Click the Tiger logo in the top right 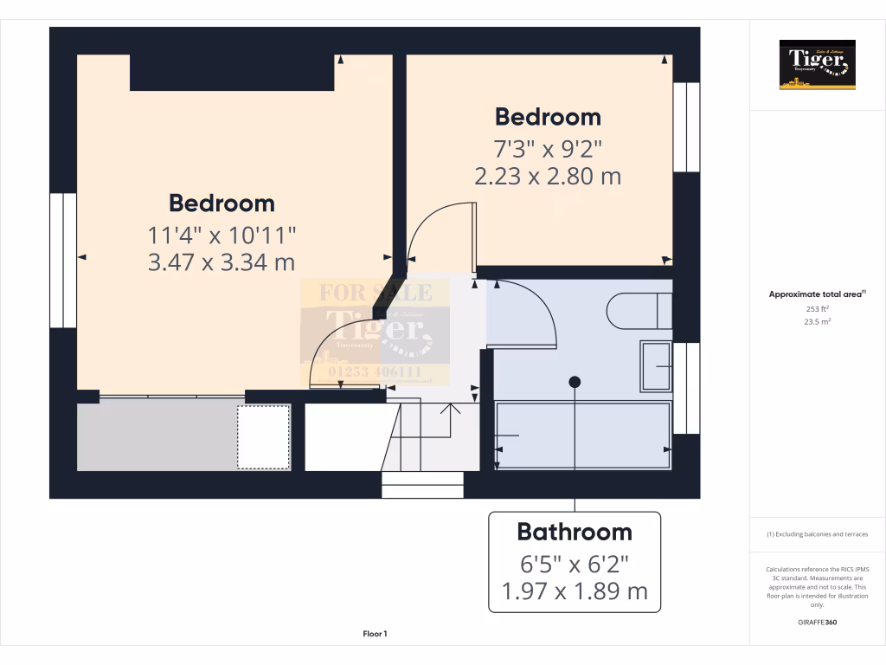click(817, 64)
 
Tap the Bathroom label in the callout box click(575, 532)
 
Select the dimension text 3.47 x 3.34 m click(221, 261)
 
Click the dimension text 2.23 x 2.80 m click(548, 176)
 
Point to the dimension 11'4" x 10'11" click(221, 234)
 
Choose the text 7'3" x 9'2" click(548, 147)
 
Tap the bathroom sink click(656, 366)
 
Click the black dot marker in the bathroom click(575, 382)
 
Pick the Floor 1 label click(375, 634)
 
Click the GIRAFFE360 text click(817, 623)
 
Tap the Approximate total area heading click(817, 294)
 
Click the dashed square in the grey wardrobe click(264, 437)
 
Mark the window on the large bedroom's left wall click(63, 260)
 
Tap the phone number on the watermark click(375, 371)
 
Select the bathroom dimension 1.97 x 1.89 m click(575, 591)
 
